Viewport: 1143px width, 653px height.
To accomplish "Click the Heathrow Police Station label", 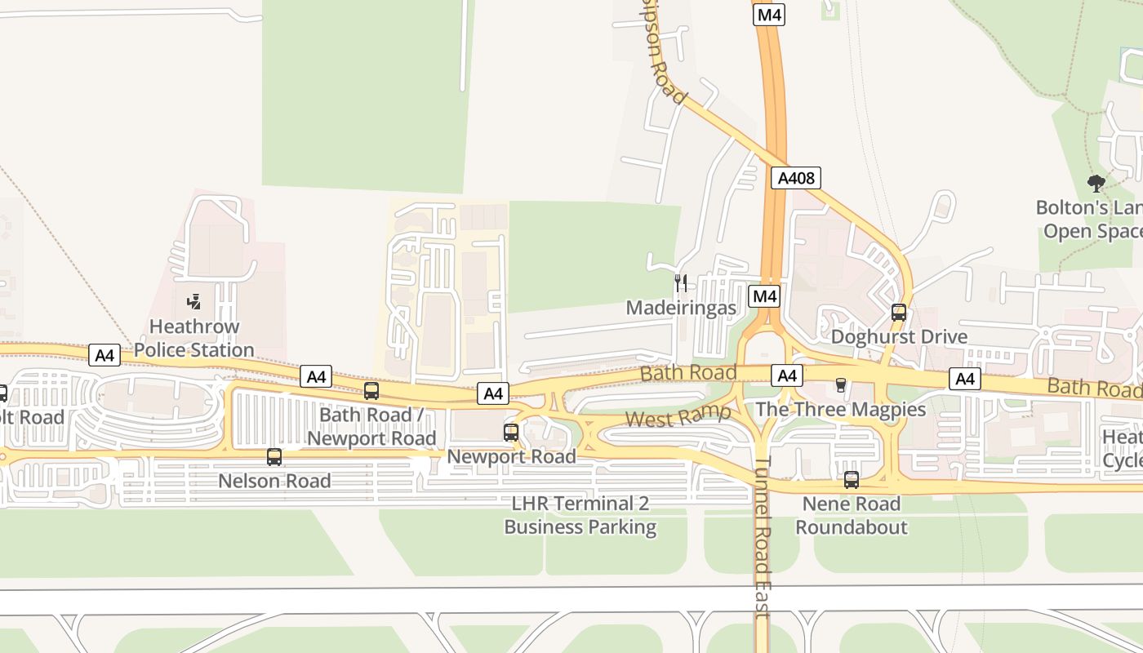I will (194, 338).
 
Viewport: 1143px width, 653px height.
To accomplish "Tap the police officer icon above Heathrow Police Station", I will (194, 302).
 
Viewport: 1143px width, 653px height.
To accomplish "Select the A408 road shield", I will (795, 178).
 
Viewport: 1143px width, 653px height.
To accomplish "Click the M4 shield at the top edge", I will (768, 15).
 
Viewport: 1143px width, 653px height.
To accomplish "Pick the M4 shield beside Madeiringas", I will (764, 296).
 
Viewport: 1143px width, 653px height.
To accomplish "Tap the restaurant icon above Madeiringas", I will (681, 283).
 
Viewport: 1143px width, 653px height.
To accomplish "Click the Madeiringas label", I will (681, 308).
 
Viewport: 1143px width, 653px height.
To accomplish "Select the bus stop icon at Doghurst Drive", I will (899, 313).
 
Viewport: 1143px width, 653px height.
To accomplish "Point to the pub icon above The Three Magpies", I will (840, 385).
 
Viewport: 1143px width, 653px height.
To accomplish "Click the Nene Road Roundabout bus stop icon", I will (852, 480).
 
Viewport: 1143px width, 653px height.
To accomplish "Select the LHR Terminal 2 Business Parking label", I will (580, 515).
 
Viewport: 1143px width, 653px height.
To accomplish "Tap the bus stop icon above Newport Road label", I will (511, 433).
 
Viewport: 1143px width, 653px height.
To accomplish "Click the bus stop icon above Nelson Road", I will (274, 457).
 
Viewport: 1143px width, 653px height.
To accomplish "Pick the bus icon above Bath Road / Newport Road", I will (371, 391).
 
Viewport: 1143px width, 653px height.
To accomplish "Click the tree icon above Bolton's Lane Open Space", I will (1096, 183).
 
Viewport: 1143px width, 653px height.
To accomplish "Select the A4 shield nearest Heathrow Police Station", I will (105, 355).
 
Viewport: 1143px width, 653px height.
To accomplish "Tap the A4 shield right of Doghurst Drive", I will (965, 379).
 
